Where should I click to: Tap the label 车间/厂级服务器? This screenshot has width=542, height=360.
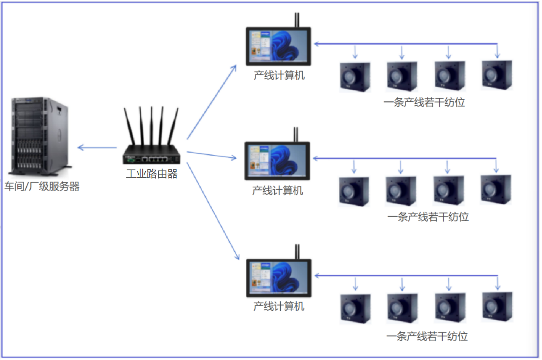tap(42, 187)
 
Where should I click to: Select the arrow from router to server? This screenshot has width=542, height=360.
tap(97, 148)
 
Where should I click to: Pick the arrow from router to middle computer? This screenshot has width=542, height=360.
tap(212, 155)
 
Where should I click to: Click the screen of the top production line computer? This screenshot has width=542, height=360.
tap(278, 45)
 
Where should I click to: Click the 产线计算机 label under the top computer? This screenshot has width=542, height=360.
tap(279, 76)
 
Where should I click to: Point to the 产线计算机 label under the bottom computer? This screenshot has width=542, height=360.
tap(279, 307)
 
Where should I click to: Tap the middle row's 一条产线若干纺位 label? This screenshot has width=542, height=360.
tap(428, 217)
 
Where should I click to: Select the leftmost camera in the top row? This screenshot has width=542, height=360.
tap(355, 76)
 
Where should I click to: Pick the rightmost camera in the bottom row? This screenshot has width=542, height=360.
tap(497, 307)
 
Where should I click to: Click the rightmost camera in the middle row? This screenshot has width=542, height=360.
tap(495, 190)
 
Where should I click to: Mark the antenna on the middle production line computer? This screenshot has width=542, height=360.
tap(296, 135)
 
